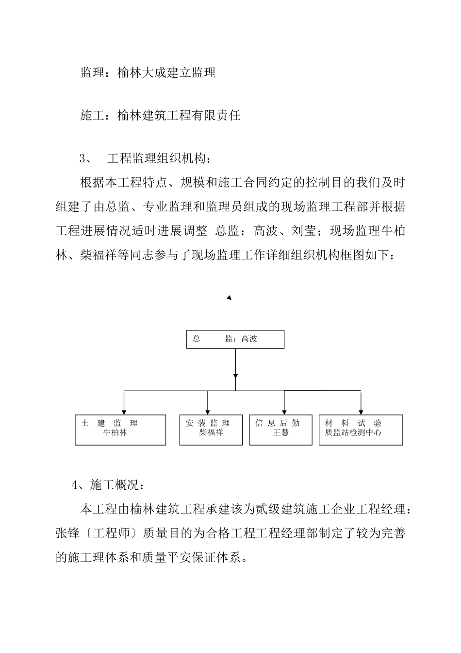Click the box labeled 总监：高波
pyautogui.click(x=235, y=339)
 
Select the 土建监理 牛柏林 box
pyautogui.click(x=120, y=430)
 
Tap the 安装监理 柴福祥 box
pyautogui.click(x=211, y=430)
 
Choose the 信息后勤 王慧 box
pyautogui.click(x=280, y=430)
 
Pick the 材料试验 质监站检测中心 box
pyautogui.click(x=361, y=430)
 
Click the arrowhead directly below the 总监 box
pyautogui.click(x=235, y=376)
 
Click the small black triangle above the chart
pyautogui.click(x=229, y=297)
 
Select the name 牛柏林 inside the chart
pyautogui.click(x=115, y=432)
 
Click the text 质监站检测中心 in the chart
pyautogui.click(x=353, y=432)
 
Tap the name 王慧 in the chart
pyautogui.click(x=280, y=432)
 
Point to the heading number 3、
pyautogui.click(x=85, y=158)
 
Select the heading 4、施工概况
pyautogui.click(x=107, y=484)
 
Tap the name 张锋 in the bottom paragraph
pyautogui.click(x=68, y=533)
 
